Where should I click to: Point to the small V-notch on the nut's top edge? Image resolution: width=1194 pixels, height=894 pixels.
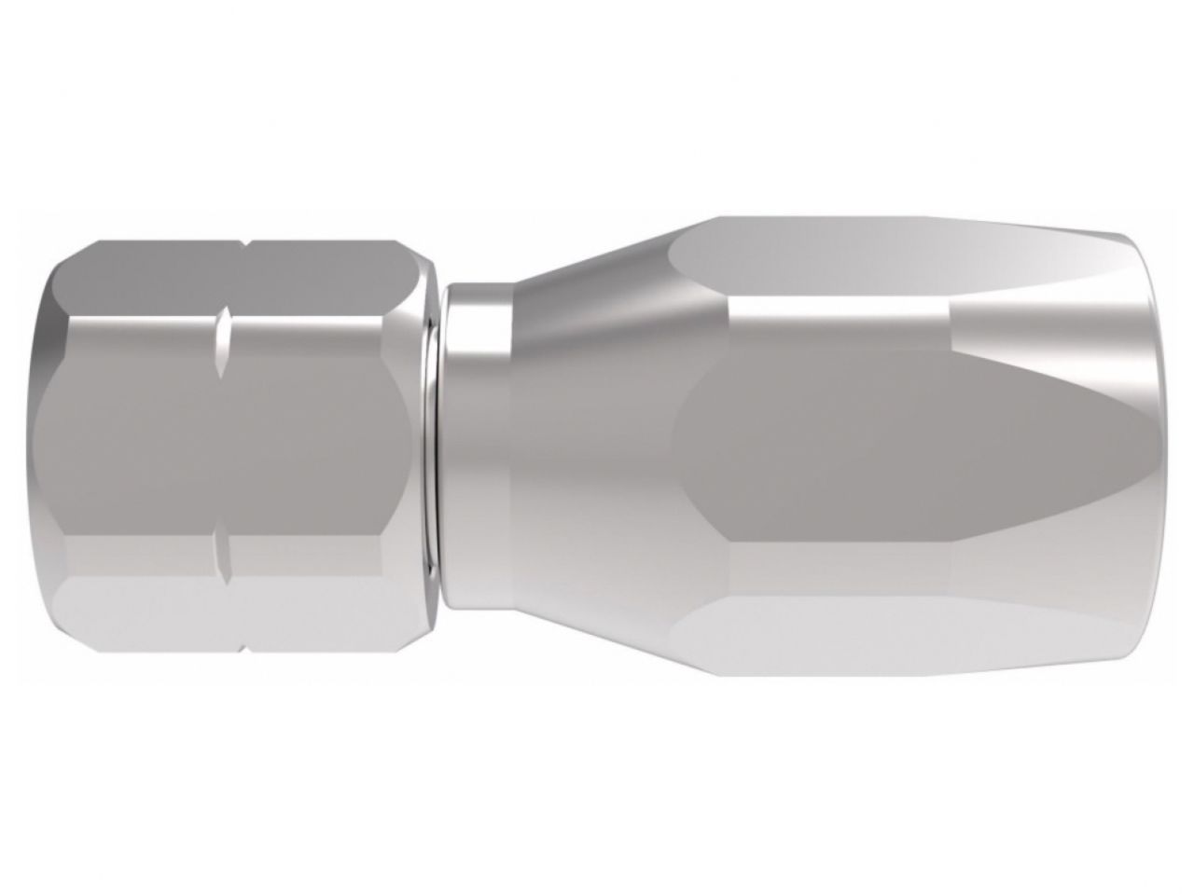click(x=244, y=246)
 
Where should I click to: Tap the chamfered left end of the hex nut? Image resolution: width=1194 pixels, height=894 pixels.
click(x=51, y=447)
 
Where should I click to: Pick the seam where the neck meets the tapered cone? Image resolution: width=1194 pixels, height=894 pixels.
click(x=510, y=447)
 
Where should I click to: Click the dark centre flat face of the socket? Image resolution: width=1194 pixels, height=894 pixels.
click(x=886, y=447)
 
